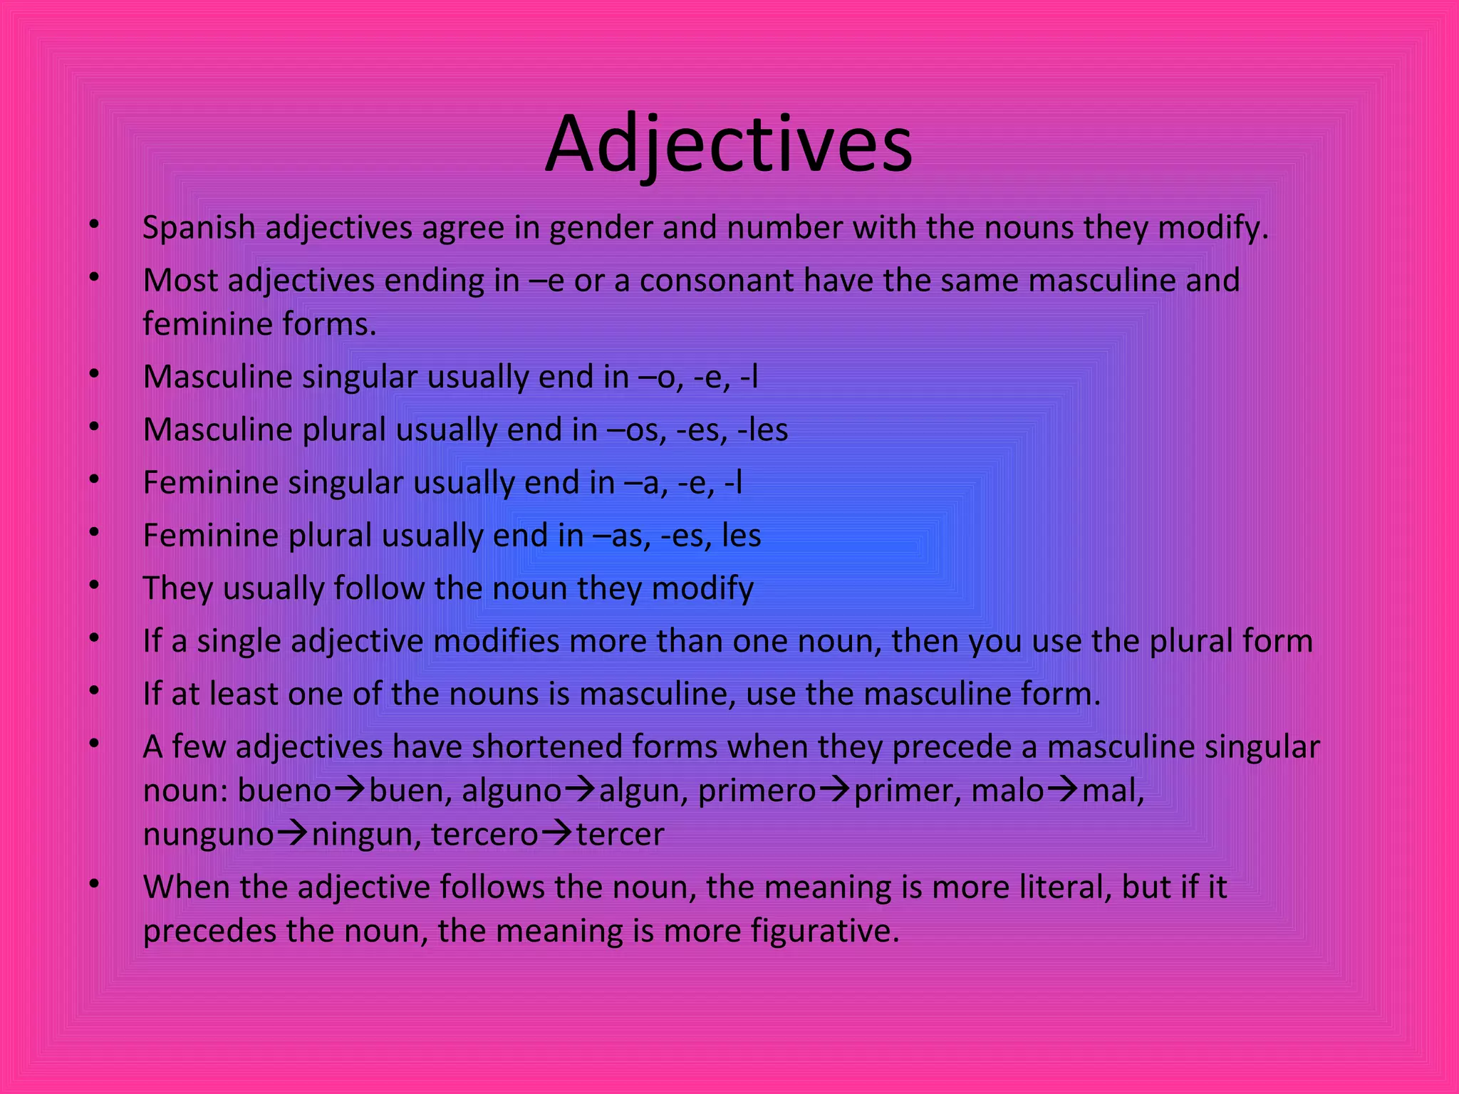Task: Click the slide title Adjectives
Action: click(728, 145)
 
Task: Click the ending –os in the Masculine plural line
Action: click(635, 430)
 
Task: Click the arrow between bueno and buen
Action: click(351, 790)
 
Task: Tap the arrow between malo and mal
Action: click(1063, 790)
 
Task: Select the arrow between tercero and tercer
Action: click(557, 833)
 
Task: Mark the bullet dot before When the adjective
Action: click(94, 884)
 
